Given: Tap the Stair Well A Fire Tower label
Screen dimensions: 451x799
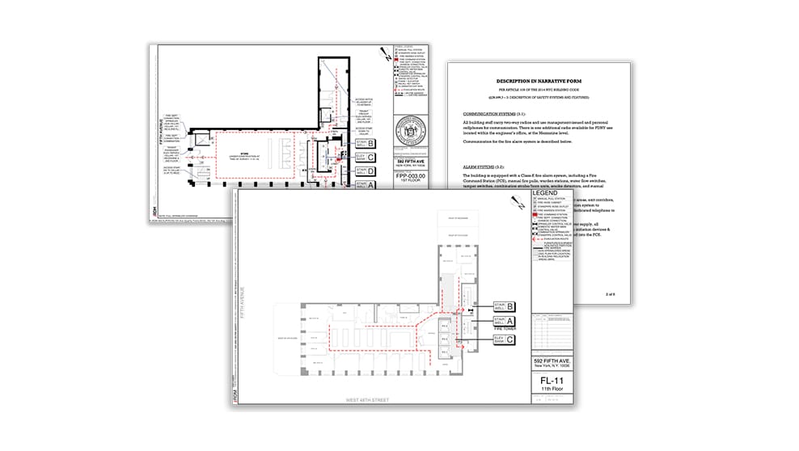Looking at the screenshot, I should coord(503,324).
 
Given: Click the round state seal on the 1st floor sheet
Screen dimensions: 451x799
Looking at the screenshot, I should coord(412,134).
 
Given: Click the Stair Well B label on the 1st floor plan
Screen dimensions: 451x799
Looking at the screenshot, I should coord(365,142).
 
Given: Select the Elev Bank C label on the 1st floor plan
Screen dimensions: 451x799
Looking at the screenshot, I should coord(365,156).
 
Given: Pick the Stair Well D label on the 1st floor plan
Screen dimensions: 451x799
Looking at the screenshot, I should coord(365,171).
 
